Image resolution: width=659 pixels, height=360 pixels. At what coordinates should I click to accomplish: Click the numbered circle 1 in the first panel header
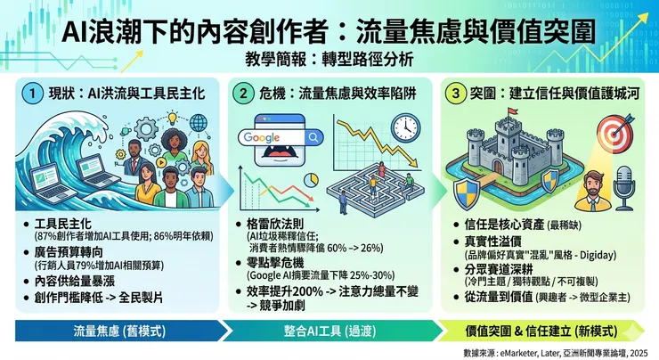point(33,94)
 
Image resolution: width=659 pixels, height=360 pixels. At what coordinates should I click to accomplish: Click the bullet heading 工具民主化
point(63,222)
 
